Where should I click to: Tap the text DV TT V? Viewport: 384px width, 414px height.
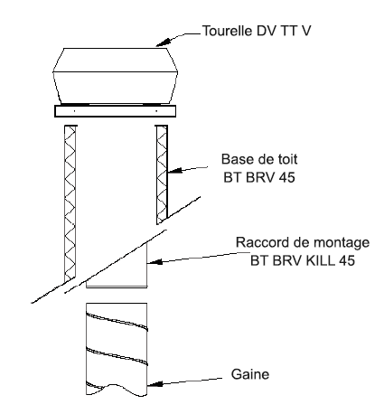tap(284, 31)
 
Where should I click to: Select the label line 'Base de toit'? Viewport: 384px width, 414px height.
tap(259, 159)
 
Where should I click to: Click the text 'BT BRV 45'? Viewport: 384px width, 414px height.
tap(259, 177)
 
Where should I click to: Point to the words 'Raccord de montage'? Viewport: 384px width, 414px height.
tap(303, 242)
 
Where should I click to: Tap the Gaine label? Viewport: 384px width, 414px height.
tap(250, 374)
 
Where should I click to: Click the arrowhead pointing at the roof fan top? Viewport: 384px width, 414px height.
tap(163, 42)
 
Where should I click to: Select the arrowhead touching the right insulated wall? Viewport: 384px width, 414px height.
tap(174, 171)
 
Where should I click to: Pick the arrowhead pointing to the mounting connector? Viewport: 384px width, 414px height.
tap(155, 261)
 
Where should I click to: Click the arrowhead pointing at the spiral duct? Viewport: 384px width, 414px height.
tap(155, 384)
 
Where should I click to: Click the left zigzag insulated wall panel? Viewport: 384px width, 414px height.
tap(70, 204)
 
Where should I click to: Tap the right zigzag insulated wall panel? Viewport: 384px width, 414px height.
tap(162, 174)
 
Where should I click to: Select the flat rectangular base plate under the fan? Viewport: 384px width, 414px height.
tap(115, 111)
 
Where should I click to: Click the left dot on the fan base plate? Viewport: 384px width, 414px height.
tap(74, 111)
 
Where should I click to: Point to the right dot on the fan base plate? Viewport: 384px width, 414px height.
tap(156, 111)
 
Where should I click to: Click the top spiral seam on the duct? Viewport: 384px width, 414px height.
tap(117, 321)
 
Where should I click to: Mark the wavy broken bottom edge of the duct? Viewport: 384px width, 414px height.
tap(117, 390)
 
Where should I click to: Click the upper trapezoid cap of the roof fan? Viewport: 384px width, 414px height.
tap(116, 60)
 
